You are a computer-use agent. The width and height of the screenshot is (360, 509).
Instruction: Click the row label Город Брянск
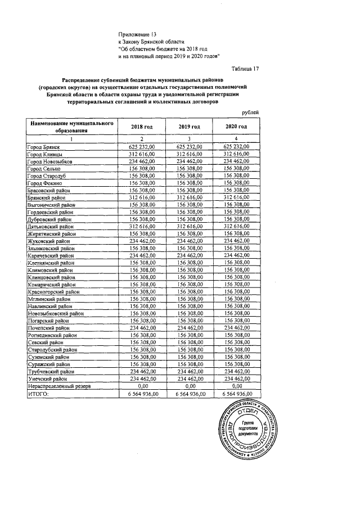click(44, 147)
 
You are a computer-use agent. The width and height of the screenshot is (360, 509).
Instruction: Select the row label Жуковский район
click(48, 241)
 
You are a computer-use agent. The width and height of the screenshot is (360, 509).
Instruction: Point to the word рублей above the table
click(250, 112)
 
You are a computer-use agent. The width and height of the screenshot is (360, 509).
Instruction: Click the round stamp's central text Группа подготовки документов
click(247, 428)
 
